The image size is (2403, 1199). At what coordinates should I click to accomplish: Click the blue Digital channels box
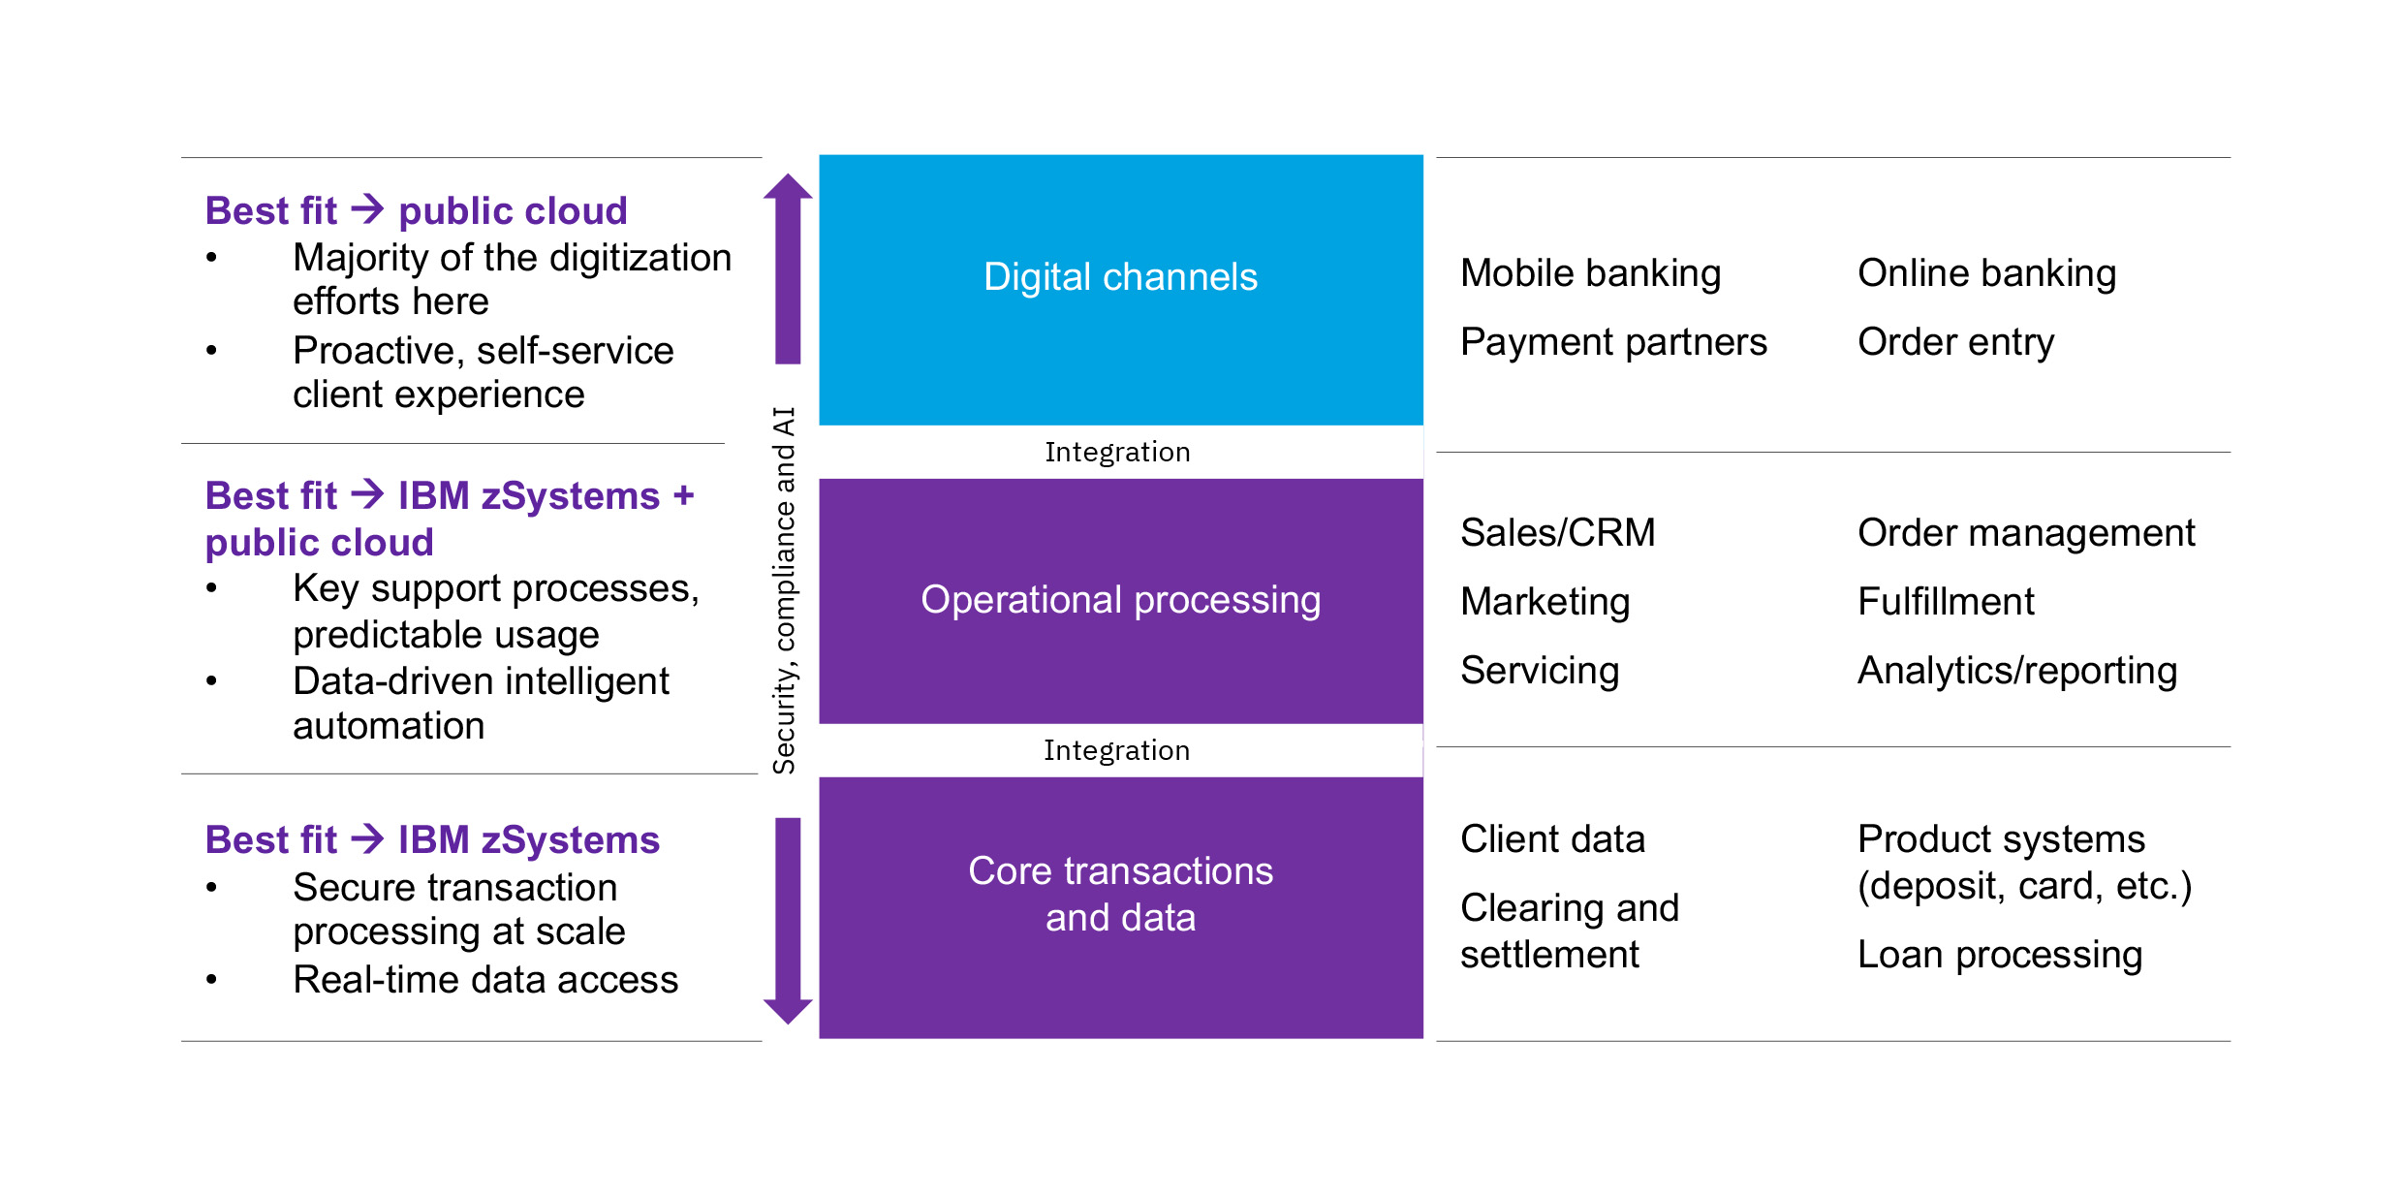(x=1121, y=290)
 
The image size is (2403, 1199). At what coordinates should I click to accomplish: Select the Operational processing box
(x=1121, y=601)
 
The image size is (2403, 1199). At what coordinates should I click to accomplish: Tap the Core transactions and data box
(x=1121, y=907)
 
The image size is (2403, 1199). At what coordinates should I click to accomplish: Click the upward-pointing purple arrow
(x=788, y=268)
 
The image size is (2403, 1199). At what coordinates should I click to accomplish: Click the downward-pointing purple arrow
(x=788, y=921)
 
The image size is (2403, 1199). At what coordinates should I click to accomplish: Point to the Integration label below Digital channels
(x=1117, y=453)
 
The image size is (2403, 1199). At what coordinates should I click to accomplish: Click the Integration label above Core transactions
(x=1116, y=751)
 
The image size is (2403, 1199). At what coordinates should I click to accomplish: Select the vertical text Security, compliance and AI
(x=784, y=590)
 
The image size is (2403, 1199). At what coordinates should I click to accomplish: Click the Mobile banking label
(x=1590, y=274)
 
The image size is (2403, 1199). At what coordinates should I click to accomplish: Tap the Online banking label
(x=1986, y=274)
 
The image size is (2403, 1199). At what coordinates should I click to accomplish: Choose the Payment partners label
(x=1613, y=342)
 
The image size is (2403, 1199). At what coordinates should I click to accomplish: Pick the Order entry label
(x=1955, y=342)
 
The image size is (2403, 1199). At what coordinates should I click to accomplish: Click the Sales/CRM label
(x=1558, y=533)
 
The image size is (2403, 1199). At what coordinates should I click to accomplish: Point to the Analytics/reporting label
(x=2017, y=671)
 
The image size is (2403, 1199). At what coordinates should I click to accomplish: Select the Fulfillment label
(x=1946, y=602)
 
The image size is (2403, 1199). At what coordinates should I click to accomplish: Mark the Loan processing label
(x=2000, y=956)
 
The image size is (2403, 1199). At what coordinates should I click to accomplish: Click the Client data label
(x=1552, y=839)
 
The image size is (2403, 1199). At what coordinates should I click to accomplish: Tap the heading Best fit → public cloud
(x=417, y=210)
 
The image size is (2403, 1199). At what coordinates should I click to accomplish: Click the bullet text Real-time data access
(x=485, y=980)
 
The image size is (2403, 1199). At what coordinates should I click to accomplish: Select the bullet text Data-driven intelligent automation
(x=481, y=704)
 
